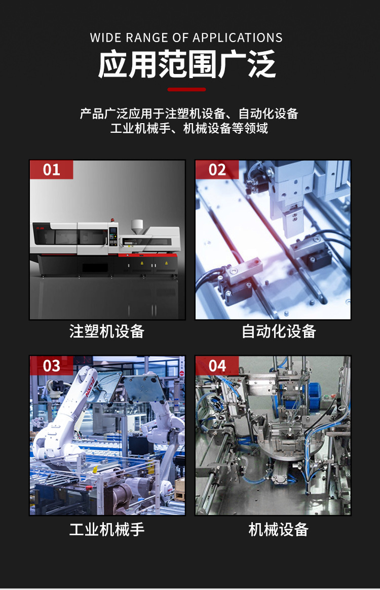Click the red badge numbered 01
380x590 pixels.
click(51, 169)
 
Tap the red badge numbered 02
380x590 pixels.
click(217, 169)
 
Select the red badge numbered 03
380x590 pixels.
click(51, 365)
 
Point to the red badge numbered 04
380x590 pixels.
click(217, 365)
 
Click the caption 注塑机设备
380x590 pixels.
click(107, 331)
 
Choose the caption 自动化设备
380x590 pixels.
click(279, 331)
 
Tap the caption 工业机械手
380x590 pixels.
click(107, 530)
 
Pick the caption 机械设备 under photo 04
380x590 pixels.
click(279, 530)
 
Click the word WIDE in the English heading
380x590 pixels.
click(105, 38)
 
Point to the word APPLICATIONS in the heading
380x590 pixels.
click(238, 38)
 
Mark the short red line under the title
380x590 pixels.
click(186, 90)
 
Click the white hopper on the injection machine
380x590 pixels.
click(137, 225)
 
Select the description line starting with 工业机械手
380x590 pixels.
click(189, 128)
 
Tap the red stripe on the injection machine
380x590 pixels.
click(147, 255)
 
